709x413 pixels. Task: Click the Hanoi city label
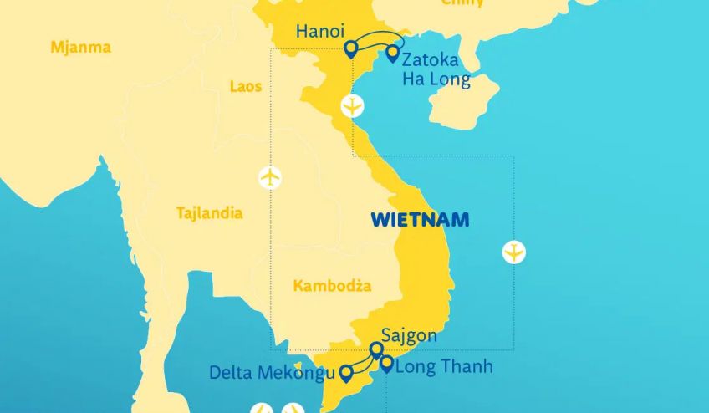point(320,33)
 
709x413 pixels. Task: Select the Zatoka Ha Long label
point(436,70)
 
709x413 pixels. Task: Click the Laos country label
point(245,86)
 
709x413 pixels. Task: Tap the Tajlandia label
point(209,213)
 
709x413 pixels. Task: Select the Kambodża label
point(332,286)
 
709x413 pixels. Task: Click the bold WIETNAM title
point(420,220)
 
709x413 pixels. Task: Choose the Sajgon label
point(409,336)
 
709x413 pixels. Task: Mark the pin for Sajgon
point(376,349)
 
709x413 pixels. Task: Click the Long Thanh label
point(443,366)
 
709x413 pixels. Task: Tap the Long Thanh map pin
point(386,363)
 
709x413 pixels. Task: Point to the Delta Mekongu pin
point(346,372)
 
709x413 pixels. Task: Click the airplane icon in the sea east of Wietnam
point(514,252)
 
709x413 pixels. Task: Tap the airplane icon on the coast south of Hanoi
point(353,107)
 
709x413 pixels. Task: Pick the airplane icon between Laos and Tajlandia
point(270,177)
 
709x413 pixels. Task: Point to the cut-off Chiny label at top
point(462,3)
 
